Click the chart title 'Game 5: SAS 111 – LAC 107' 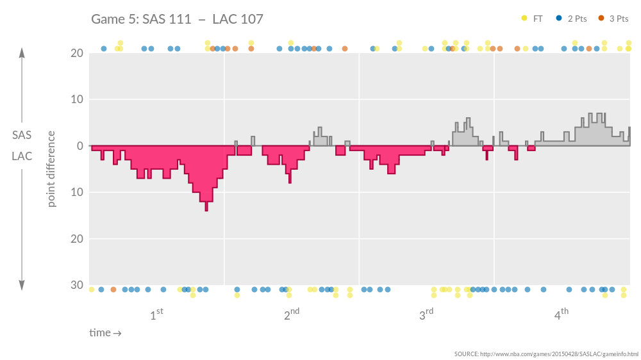tap(177, 19)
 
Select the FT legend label tap(538, 19)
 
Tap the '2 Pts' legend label tap(577, 19)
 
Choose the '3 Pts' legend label tap(619, 19)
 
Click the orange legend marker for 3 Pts tap(601, 19)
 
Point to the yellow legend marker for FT tap(524, 19)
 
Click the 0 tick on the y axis tap(79, 146)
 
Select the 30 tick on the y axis tap(76, 285)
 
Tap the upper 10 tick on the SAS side tap(76, 99)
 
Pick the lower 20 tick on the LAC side tap(76, 238)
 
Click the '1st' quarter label tap(156, 315)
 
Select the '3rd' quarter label tap(426, 315)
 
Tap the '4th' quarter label tap(561, 315)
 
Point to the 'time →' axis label tap(105, 333)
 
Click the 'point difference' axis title tap(51, 169)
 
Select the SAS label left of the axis tap(22, 135)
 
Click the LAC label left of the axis tap(22, 156)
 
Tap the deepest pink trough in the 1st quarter tap(206, 208)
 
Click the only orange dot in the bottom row tap(113, 290)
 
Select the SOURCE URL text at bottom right tap(546, 354)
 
